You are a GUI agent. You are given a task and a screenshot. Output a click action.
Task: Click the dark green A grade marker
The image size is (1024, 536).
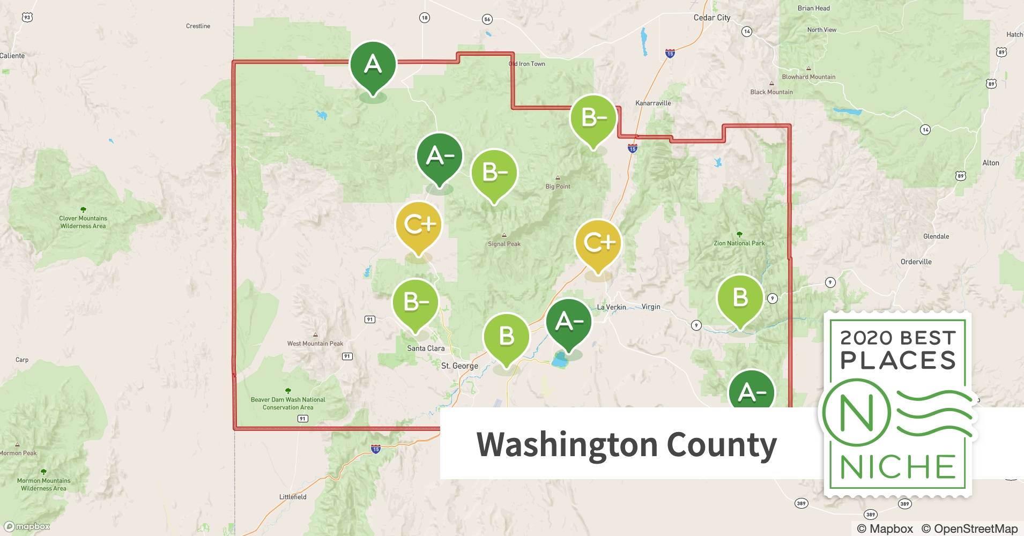[373, 65]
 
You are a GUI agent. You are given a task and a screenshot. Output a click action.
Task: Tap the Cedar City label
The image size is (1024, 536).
[711, 18]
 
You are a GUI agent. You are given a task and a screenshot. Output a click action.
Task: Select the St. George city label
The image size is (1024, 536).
[459, 366]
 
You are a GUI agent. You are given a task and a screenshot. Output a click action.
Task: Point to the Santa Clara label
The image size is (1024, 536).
[425, 348]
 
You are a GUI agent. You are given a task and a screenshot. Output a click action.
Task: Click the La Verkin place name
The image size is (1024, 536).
[611, 307]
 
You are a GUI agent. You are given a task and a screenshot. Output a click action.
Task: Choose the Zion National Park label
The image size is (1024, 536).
[739, 243]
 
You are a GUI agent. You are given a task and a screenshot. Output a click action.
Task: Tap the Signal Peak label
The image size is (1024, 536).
[504, 243]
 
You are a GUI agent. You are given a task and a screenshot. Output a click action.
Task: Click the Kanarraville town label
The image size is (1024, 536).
[652, 103]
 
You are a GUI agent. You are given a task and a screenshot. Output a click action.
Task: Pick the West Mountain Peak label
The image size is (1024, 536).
[315, 344]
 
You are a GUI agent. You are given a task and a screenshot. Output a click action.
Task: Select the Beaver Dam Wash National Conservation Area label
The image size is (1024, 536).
[288, 403]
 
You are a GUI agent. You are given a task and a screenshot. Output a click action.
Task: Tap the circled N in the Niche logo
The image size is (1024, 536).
[856, 412]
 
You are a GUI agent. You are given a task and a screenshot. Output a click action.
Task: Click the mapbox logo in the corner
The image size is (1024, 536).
[27, 526]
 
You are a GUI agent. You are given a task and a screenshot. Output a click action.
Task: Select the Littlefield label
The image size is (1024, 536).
[293, 497]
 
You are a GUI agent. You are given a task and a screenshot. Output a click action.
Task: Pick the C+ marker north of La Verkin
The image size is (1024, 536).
[598, 243]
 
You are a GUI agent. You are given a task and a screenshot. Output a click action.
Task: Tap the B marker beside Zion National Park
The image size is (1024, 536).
[740, 297]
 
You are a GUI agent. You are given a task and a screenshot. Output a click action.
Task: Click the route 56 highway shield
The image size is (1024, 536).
[487, 19]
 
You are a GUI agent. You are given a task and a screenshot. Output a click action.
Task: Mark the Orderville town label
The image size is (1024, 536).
[916, 262]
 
